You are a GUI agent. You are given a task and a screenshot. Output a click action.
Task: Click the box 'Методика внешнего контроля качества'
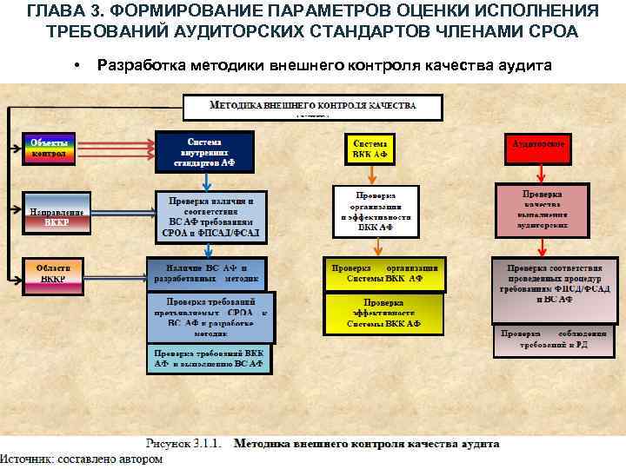313,107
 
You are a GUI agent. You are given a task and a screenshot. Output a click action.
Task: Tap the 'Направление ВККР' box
57,211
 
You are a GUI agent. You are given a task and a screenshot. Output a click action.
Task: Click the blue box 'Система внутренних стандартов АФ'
205,152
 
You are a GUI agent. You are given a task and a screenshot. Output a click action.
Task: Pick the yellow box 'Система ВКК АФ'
370,149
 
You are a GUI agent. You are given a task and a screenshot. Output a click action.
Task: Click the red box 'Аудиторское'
539,149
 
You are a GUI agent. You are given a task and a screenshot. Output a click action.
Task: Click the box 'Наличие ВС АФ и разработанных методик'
206,273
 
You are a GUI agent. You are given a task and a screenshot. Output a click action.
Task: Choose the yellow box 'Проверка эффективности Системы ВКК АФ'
383,314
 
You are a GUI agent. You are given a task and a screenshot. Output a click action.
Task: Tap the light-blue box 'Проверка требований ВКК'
209,360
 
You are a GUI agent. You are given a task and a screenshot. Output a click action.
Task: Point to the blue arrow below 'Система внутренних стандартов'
205,181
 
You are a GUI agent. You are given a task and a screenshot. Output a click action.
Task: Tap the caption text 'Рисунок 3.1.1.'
186,444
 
